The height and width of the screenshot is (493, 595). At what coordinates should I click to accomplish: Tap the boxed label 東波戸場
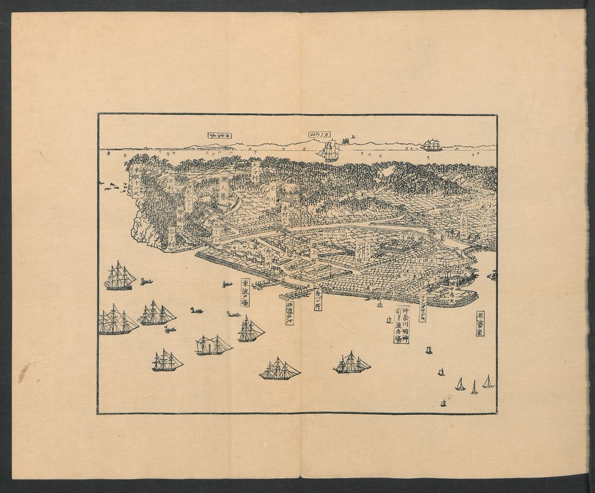coord(245,292)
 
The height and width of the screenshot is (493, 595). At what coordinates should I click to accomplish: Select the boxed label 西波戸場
coord(290,312)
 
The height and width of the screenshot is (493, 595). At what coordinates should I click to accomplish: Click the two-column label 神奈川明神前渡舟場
coord(402,325)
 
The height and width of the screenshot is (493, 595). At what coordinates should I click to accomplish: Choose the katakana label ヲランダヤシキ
coord(422,308)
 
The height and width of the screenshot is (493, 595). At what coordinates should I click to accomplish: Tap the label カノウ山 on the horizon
coord(319,135)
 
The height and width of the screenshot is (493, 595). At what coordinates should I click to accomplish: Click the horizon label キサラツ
coord(221,135)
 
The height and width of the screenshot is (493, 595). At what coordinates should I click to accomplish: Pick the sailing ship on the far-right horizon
coord(431,145)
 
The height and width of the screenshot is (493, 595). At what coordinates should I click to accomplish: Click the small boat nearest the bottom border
coord(443,403)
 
